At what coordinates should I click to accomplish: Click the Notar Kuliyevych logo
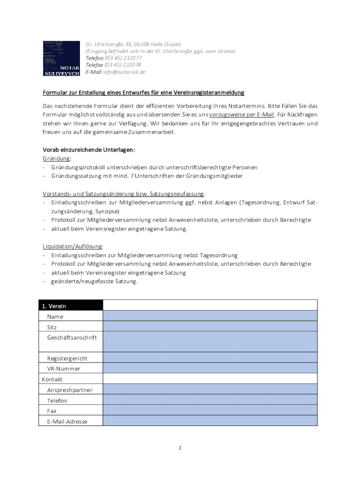click(x=61, y=58)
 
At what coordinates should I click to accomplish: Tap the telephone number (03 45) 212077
click(x=123, y=58)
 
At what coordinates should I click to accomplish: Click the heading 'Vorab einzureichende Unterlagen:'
click(x=89, y=150)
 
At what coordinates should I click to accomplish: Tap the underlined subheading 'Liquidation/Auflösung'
click(x=73, y=246)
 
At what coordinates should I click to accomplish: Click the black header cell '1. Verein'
click(x=71, y=306)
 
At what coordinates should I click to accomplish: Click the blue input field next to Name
click(x=210, y=316)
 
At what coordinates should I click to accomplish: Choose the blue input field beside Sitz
click(x=210, y=327)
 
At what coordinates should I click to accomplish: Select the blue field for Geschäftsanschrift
click(x=210, y=342)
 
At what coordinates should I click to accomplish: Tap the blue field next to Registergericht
click(x=210, y=358)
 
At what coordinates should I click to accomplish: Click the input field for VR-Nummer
click(x=210, y=368)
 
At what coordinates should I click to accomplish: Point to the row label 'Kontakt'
click(x=52, y=379)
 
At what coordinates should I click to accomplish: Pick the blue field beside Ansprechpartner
click(x=210, y=389)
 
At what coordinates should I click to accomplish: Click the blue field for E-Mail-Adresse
click(x=210, y=421)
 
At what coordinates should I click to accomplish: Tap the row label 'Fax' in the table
click(x=52, y=411)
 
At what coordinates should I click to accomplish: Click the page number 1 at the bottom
click(x=180, y=448)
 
